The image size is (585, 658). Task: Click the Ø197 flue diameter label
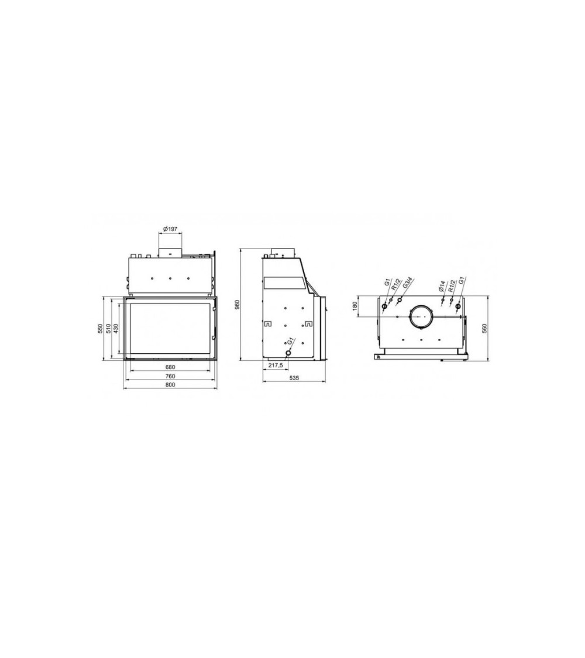point(170,229)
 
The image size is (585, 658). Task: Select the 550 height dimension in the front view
point(100,329)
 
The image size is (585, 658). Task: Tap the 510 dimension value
point(108,329)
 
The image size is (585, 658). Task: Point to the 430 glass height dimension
point(116,329)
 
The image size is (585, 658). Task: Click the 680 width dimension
point(170,367)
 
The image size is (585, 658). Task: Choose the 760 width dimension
point(170,376)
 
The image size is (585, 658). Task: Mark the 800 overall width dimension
point(170,385)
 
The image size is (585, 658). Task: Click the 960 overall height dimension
point(237,305)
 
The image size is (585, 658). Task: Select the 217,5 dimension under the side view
point(276,366)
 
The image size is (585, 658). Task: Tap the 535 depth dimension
point(294,378)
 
